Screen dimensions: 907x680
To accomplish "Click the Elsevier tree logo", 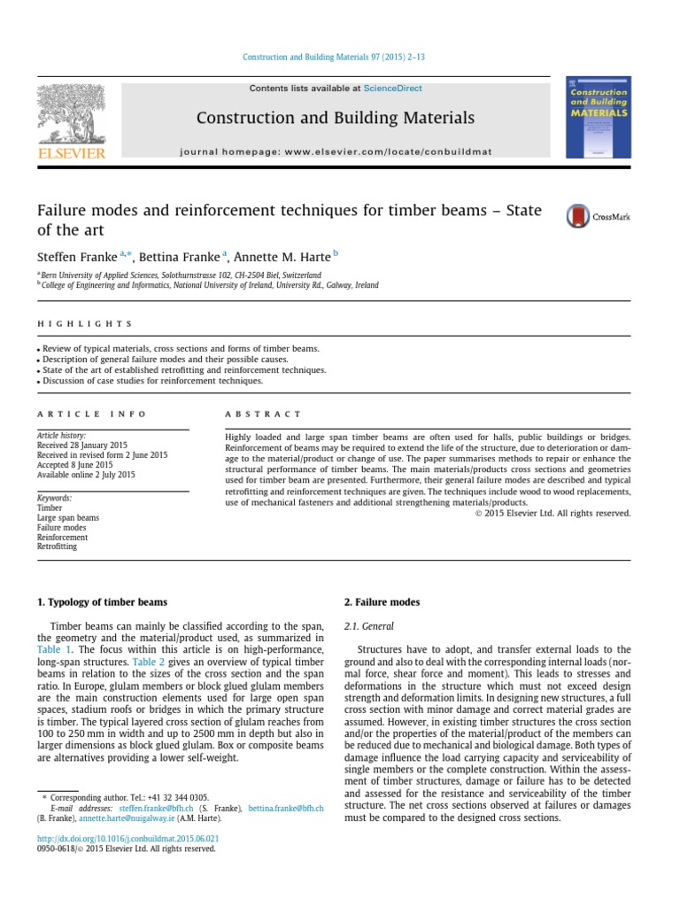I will click(x=71, y=114).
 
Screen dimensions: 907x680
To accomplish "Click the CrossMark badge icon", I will click(x=598, y=215).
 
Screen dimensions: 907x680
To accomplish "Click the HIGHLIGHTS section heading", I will click(x=85, y=324).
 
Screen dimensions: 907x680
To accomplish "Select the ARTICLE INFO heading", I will click(x=92, y=414).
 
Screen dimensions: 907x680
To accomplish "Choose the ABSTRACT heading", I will click(x=264, y=414).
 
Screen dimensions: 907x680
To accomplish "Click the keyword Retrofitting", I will click(x=57, y=547).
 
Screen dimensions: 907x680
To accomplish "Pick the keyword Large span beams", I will click(x=67, y=517).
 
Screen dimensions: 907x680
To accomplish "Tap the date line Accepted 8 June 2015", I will click(x=74, y=464).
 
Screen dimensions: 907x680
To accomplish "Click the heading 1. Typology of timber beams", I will click(x=102, y=602).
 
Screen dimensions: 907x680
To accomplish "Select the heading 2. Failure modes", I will click(x=382, y=602).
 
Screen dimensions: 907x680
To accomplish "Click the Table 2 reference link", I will click(x=148, y=662).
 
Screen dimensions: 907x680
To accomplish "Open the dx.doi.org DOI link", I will click(x=127, y=837).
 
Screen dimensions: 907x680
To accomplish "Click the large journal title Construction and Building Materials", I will click(x=335, y=118).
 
